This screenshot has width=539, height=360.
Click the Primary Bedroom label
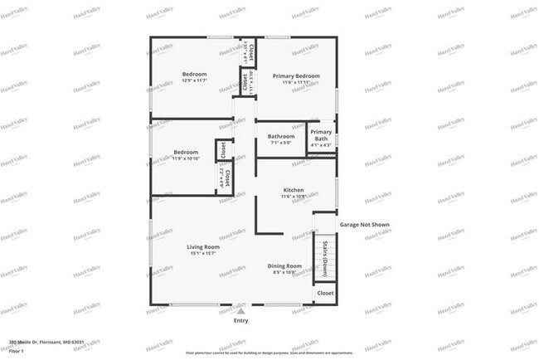pyautogui.click(x=296, y=75)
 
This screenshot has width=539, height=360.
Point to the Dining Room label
pyautogui.click(x=284, y=265)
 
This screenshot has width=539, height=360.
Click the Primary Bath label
pyautogui.click(x=321, y=135)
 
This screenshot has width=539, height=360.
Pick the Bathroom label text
pyautogui.click(x=280, y=136)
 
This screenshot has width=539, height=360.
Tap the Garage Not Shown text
pyautogui.click(x=364, y=225)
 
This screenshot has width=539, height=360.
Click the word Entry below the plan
pyautogui.click(x=240, y=320)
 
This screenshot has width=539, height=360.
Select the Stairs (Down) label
pyautogui.click(x=325, y=259)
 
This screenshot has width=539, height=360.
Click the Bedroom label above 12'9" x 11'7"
pyautogui.click(x=194, y=74)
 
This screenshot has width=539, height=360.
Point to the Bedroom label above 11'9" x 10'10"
pyautogui.click(x=186, y=152)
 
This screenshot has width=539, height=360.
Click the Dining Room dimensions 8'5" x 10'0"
pyautogui.click(x=284, y=272)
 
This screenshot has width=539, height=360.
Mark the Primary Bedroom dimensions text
pyautogui.click(x=296, y=81)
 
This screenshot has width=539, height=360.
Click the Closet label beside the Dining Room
pyautogui.click(x=325, y=293)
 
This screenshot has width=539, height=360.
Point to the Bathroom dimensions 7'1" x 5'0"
pyautogui.click(x=280, y=143)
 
